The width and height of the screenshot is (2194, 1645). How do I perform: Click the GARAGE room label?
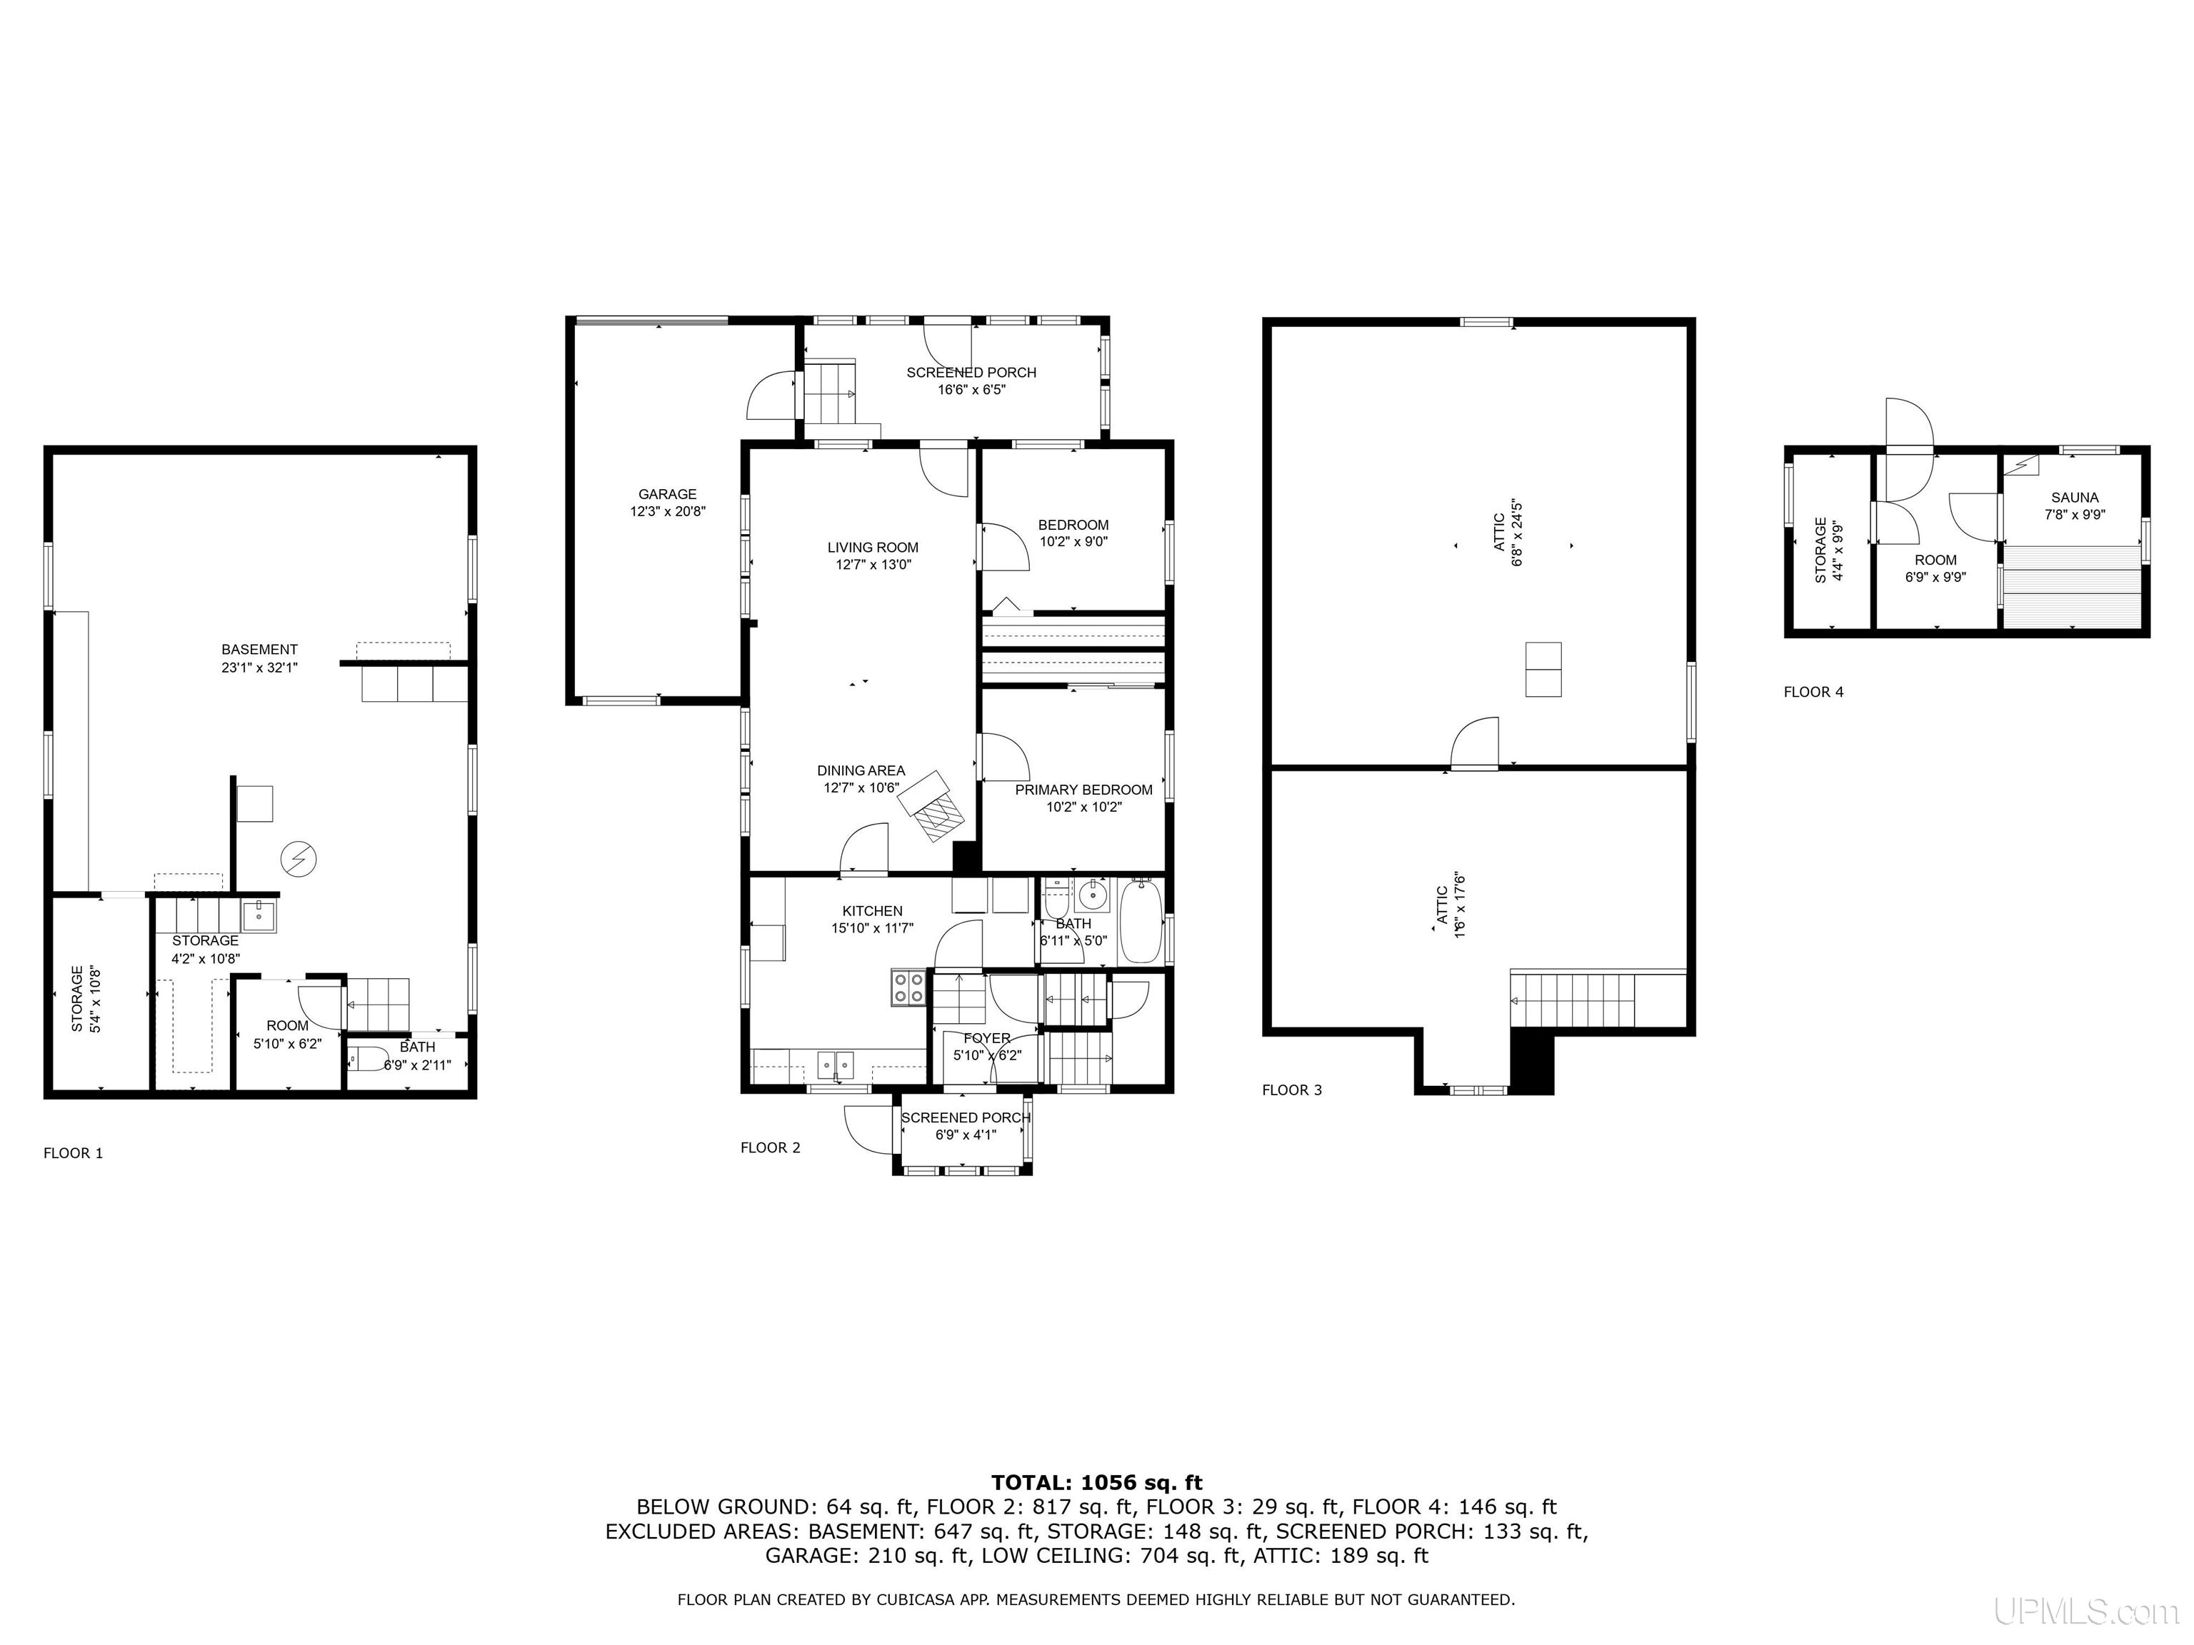(668, 494)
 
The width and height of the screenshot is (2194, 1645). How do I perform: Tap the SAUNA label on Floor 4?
(2074, 498)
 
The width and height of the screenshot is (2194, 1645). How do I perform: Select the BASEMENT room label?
(260, 650)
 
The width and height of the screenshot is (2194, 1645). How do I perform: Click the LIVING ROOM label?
(873, 548)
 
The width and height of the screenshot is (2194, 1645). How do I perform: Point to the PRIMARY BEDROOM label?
(1084, 789)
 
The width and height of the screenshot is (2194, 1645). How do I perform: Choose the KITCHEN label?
(873, 910)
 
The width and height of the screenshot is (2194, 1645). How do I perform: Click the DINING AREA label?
(861, 770)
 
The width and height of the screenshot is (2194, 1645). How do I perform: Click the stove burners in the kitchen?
(908, 987)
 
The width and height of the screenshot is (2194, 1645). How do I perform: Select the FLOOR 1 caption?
(74, 1153)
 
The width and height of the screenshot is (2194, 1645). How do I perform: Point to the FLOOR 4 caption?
(1813, 692)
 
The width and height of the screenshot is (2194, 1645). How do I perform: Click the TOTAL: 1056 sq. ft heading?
(1097, 1482)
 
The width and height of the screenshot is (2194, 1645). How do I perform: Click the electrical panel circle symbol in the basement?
(299, 859)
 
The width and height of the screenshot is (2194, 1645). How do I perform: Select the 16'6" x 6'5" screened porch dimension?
(972, 390)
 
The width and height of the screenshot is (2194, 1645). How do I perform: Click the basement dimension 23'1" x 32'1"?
(260, 668)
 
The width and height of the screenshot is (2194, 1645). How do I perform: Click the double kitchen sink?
(835, 1064)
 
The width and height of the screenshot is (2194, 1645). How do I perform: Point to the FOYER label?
(987, 1038)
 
